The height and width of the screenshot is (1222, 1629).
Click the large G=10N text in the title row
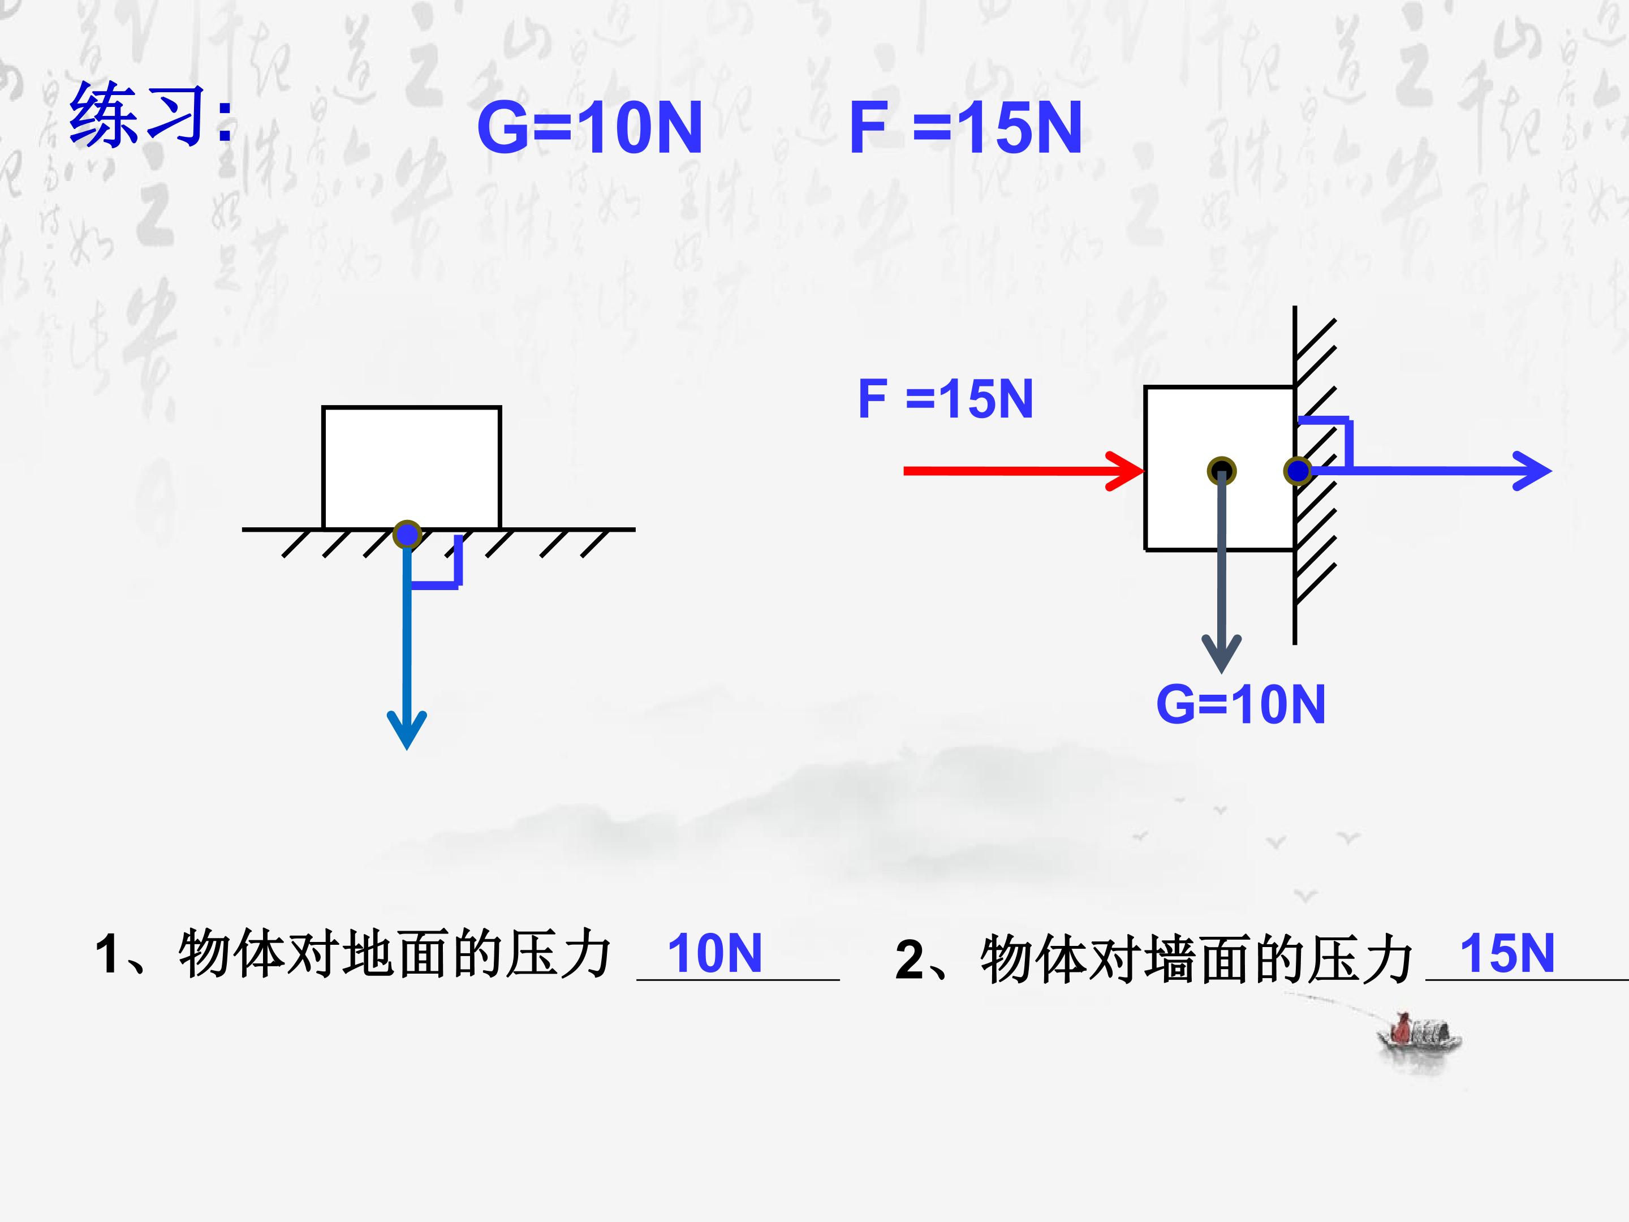point(589,128)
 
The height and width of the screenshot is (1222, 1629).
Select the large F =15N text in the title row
point(966,128)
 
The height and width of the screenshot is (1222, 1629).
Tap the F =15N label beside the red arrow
point(946,399)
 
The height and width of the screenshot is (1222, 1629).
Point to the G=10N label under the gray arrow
point(1241,704)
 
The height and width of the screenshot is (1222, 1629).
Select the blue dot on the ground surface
point(407,534)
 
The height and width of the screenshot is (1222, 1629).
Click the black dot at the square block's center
point(1222,471)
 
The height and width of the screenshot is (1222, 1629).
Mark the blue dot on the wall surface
point(1298,470)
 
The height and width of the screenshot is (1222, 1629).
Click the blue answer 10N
point(714,953)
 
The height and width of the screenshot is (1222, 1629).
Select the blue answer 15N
point(1507,953)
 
